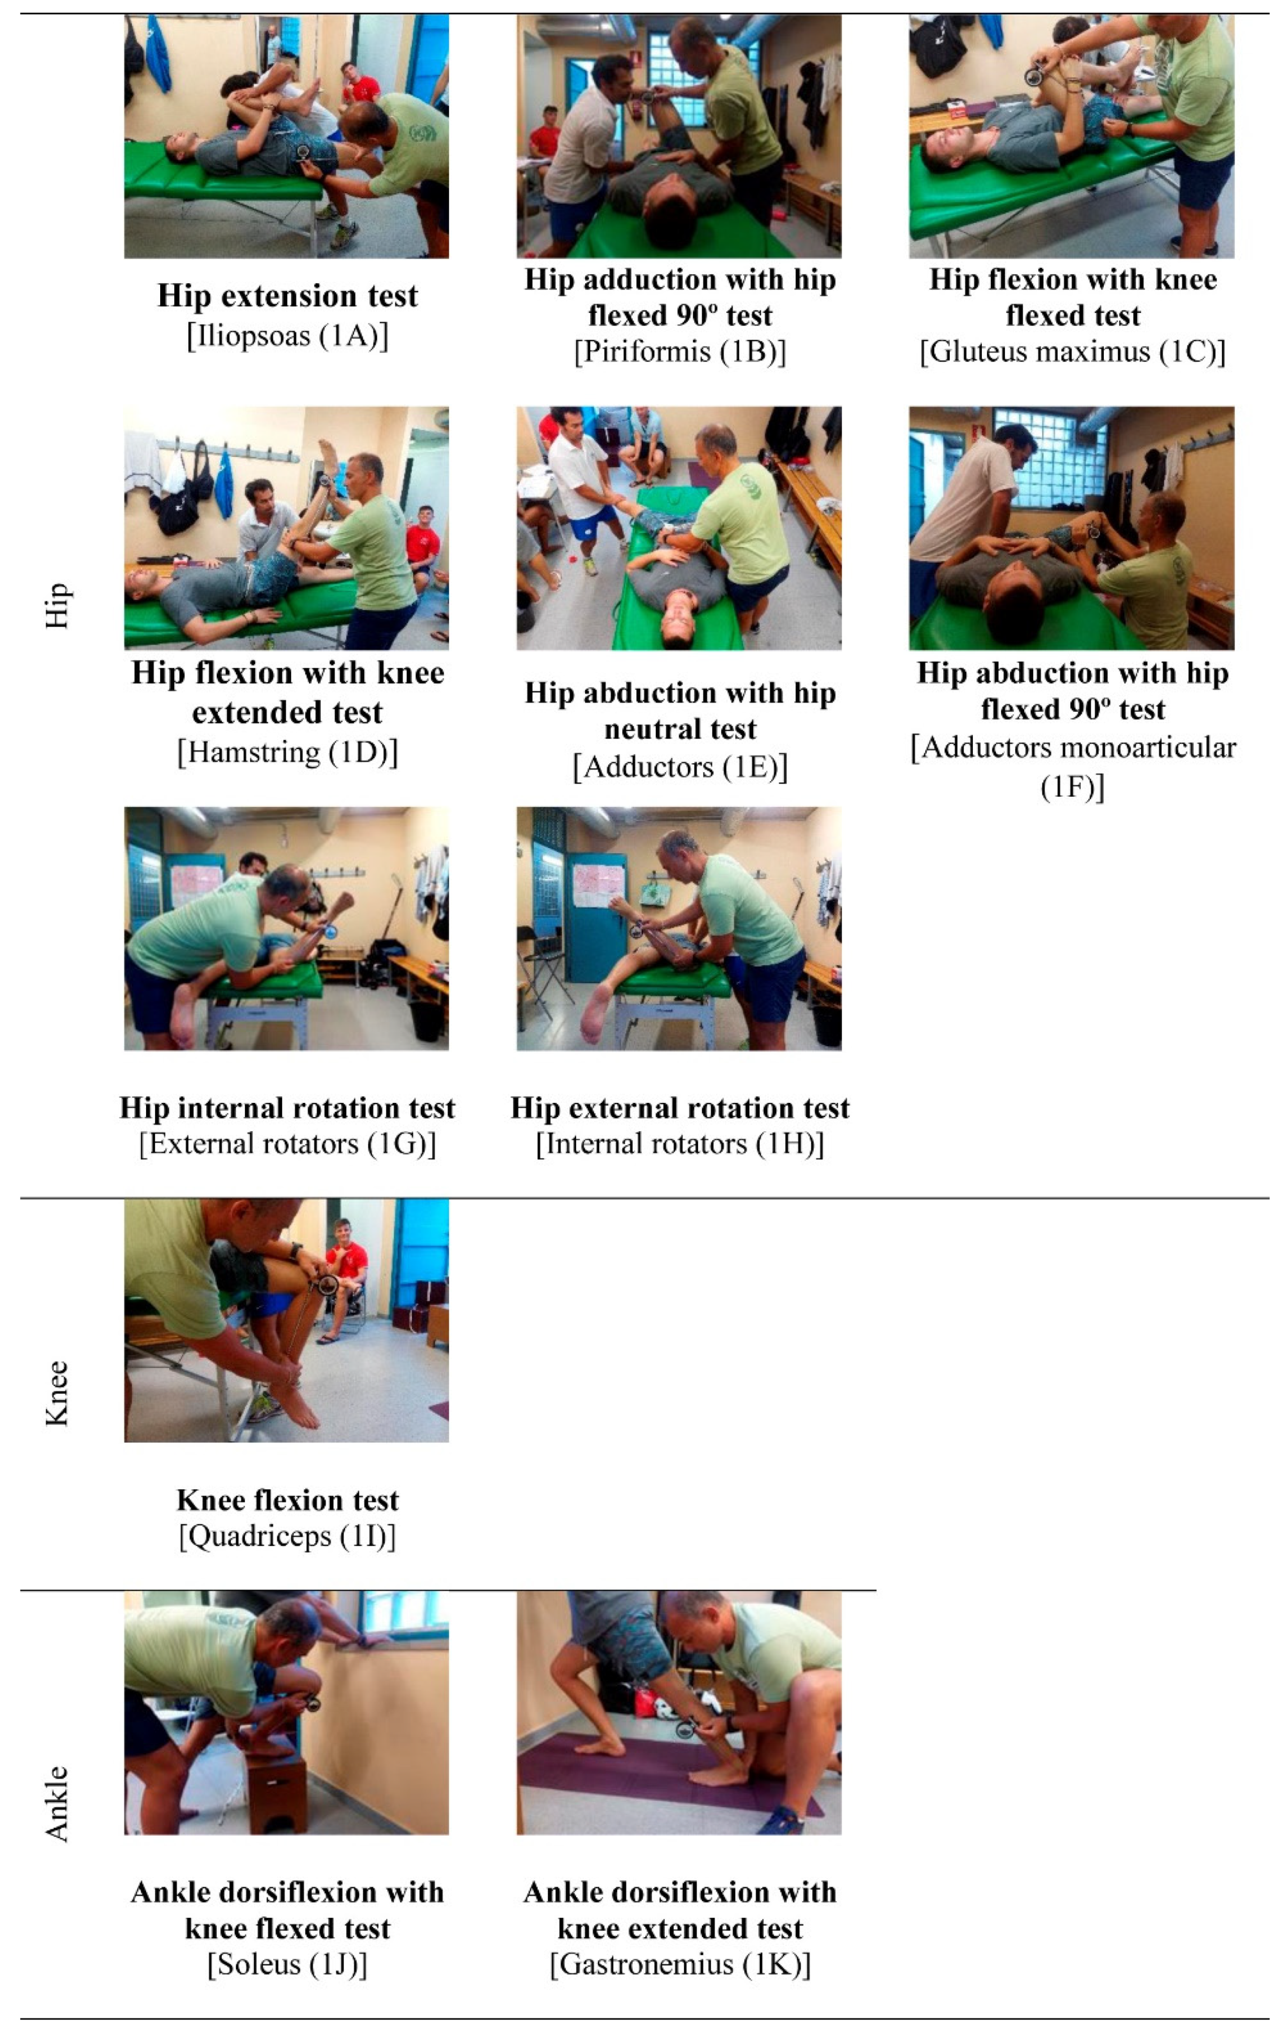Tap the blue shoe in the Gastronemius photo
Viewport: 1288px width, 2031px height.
(x=780, y=1820)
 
